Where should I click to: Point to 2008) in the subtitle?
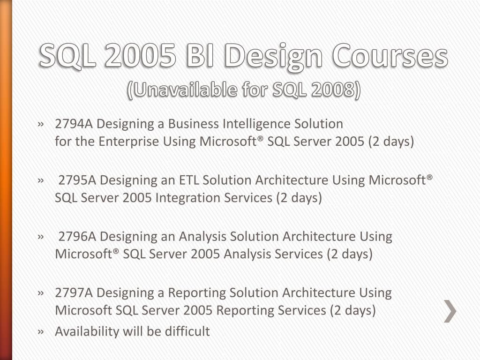point(337,89)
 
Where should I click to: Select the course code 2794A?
point(74,124)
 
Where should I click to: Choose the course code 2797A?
point(74,293)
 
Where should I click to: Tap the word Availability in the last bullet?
point(87,331)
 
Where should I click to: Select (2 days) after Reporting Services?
point(352,310)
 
